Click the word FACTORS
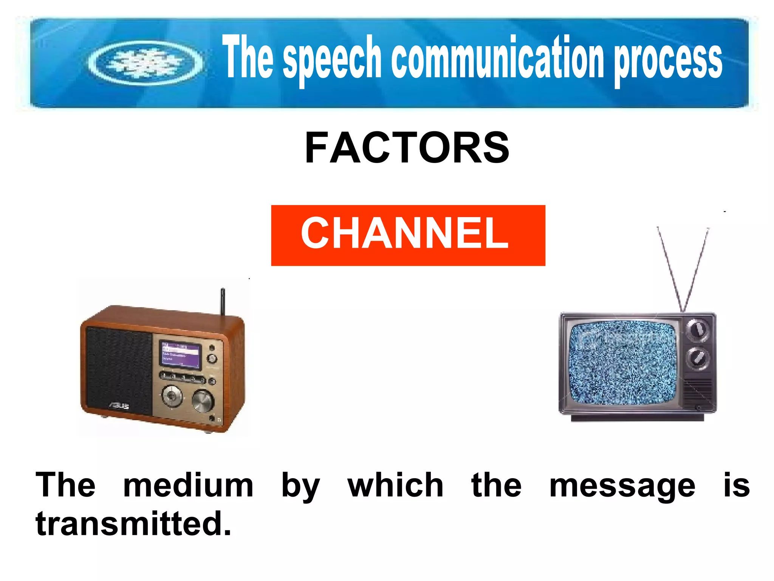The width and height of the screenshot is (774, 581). click(x=407, y=148)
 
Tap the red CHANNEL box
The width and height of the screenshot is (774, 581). click(x=408, y=235)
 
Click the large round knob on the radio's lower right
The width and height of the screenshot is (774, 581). click(x=203, y=400)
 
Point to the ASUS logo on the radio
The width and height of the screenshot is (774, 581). click(x=119, y=405)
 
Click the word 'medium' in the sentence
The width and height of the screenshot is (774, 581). click(x=188, y=486)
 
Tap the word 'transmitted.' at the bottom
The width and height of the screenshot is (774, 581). click(x=133, y=524)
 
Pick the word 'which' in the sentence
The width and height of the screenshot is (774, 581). click(x=395, y=485)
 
